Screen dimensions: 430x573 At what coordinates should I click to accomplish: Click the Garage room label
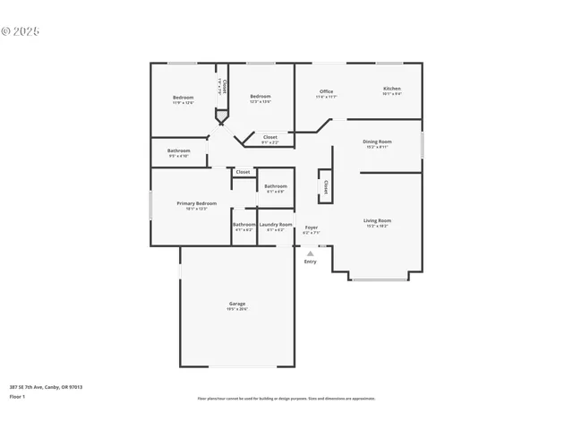click(x=237, y=304)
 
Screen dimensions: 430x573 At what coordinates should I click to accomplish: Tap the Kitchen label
click(x=392, y=89)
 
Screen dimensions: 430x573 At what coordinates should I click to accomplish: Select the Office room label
click(x=326, y=91)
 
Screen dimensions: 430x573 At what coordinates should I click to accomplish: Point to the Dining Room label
click(x=377, y=142)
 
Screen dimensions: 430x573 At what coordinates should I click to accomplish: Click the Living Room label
click(x=377, y=220)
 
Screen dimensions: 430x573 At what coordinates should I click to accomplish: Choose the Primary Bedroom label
click(x=196, y=203)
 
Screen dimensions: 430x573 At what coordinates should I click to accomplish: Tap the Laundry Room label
click(x=276, y=224)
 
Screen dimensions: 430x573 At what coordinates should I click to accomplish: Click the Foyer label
click(x=311, y=228)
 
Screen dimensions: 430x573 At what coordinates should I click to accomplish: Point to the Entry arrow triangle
click(x=311, y=254)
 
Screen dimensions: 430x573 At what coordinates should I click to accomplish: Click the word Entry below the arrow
click(x=311, y=262)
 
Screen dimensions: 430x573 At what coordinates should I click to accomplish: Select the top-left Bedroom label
click(x=183, y=97)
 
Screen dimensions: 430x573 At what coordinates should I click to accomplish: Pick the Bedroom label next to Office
click(x=260, y=97)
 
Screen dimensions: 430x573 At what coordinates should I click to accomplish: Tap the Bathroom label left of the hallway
click(x=178, y=150)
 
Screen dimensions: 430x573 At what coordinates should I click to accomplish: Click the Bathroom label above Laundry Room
click(x=275, y=186)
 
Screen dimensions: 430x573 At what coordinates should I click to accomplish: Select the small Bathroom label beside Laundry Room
click(x=244, y=224)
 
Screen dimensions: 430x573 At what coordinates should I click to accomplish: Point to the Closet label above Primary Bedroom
click(x=243, y=172)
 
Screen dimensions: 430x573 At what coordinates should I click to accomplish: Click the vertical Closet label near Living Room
click(x=326, y=187)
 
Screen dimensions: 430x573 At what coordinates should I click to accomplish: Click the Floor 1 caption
click(x=17, y=396)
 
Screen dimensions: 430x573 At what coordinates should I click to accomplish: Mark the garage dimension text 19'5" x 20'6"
click(x=237, y=309)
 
